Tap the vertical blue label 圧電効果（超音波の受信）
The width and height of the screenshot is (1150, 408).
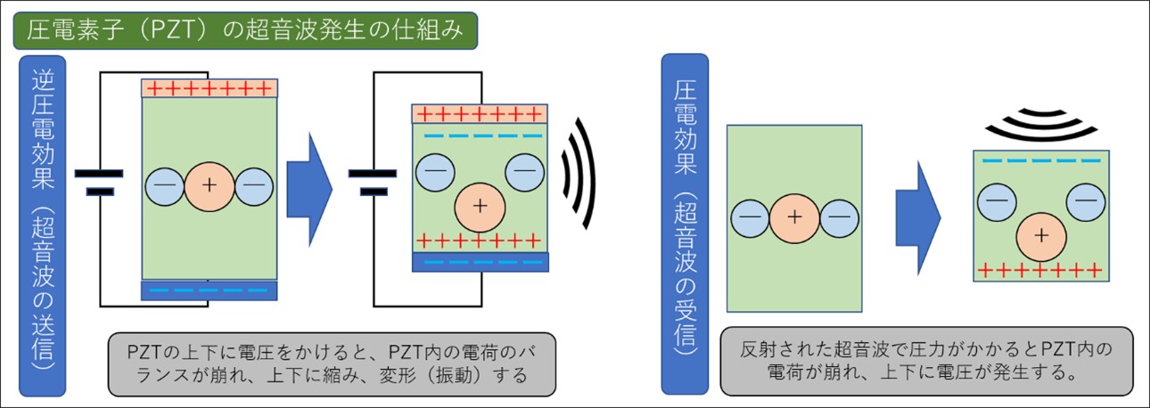point(685,223)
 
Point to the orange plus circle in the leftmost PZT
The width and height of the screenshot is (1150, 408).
point(209,185)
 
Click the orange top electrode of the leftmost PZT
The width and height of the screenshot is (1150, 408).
point(209,88)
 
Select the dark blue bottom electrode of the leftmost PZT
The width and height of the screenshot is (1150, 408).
point(209,290)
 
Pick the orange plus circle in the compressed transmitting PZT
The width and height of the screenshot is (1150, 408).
point(480,206)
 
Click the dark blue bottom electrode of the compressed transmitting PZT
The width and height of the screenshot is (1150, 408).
point(480,261)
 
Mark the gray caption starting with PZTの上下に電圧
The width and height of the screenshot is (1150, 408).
point(331,363)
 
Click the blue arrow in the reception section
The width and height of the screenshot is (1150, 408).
point(917,217)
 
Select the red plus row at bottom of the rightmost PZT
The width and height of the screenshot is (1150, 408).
point(1040,269)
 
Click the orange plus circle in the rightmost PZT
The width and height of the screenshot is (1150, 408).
point(1040,235)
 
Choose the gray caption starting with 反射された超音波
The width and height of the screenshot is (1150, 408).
point(926,361)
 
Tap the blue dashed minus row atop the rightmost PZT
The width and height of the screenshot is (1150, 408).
point(1040,161)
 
